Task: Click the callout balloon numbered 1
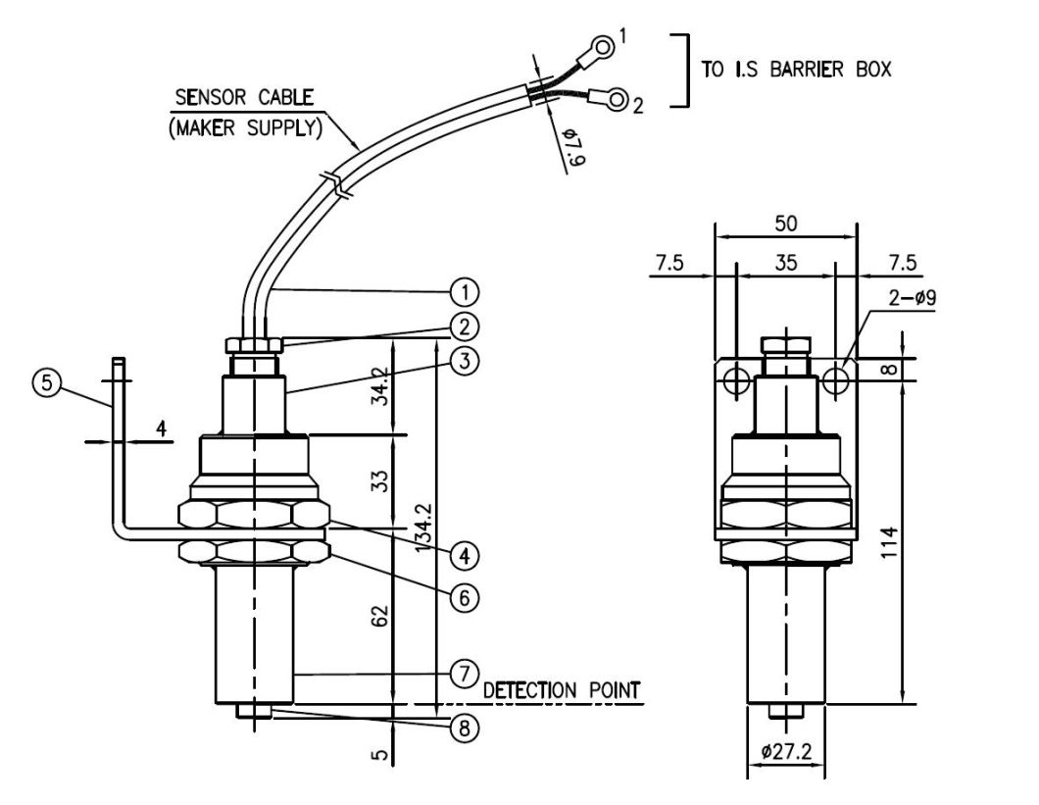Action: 464,291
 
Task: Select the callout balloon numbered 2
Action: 464,326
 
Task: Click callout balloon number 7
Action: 464,675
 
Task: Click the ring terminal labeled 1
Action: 604,45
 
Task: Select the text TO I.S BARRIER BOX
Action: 797,71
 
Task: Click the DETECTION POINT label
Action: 563,691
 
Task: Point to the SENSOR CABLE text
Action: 244,98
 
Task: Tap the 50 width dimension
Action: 785,224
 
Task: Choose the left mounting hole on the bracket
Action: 736,378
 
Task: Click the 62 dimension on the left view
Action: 381,616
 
